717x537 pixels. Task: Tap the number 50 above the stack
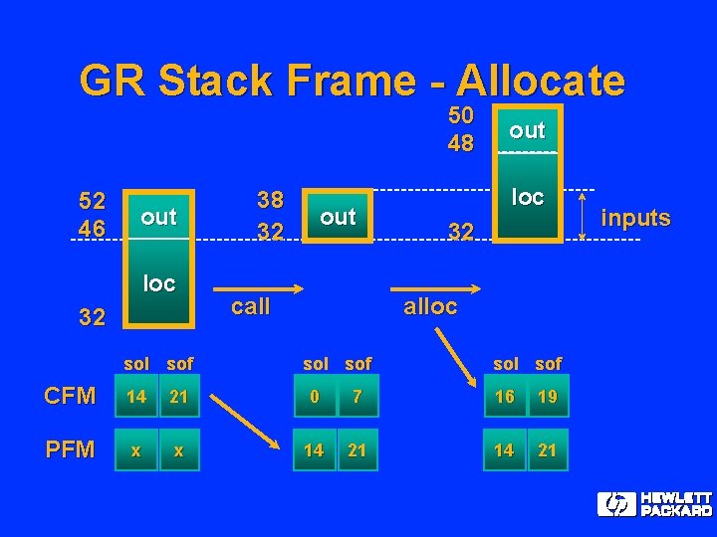click(x=461, y=115)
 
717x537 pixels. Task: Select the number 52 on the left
click(x=93, y=202)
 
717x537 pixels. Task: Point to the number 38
click(x=270, y=201)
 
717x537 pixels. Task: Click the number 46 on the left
click(x=93, y=229)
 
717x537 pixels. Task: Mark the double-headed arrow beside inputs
click(x=582, y=215)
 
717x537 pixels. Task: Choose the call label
click(x=250, y=306)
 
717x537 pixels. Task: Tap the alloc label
click(x=430, y=306)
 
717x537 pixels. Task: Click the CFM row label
click(x=70, y=396)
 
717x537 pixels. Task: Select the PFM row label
click(x=70, y=449)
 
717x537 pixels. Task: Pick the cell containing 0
click(x=315, y=396)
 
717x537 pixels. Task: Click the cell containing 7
click(x=358, y=396)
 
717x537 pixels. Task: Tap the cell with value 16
click(x=505, y=396)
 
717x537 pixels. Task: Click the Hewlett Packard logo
click(x=654, y=504)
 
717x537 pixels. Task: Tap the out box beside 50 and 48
click(x=527, y=129)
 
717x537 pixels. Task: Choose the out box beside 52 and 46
click(x=158, y=216)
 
